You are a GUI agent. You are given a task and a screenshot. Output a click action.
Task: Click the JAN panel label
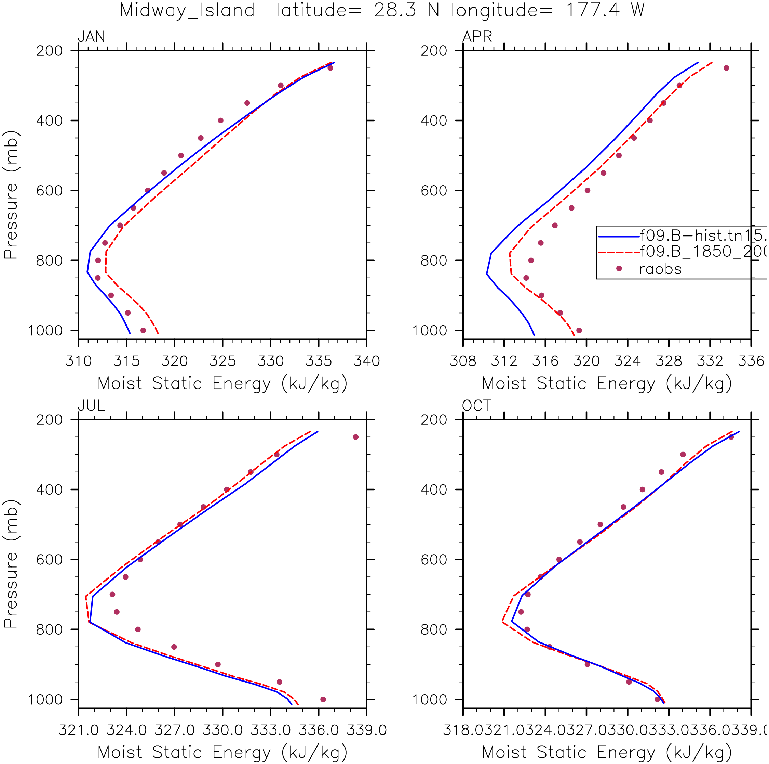(91, 37)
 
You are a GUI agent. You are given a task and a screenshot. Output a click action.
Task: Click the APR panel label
(477, 37)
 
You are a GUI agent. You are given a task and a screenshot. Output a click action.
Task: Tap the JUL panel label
(91, 406)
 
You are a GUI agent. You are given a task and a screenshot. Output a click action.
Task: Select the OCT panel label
(476, 406)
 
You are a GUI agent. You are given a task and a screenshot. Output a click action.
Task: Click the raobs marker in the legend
(619, 269)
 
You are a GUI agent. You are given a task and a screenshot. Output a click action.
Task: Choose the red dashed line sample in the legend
(619, 252)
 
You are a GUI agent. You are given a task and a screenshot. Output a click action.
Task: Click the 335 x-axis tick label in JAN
(319, 361)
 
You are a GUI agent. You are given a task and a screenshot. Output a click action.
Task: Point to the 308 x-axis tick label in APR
(463, 361)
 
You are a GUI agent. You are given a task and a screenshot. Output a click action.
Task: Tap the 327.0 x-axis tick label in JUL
(174, 730)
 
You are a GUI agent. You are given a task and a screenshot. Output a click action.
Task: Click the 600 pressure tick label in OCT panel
(434, 560)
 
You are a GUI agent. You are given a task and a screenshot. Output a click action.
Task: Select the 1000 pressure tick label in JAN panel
(45, 331)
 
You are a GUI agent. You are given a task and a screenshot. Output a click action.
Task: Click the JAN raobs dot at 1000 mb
(143, 330)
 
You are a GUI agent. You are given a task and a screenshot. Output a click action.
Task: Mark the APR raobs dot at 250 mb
(726, 68)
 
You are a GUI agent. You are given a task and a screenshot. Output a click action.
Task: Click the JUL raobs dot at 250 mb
(356, 437)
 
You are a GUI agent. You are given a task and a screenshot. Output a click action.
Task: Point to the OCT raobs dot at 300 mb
(683, 455)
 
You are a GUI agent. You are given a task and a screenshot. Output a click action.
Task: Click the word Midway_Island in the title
(187, 10)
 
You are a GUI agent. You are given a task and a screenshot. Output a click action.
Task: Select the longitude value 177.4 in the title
(593, 10)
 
